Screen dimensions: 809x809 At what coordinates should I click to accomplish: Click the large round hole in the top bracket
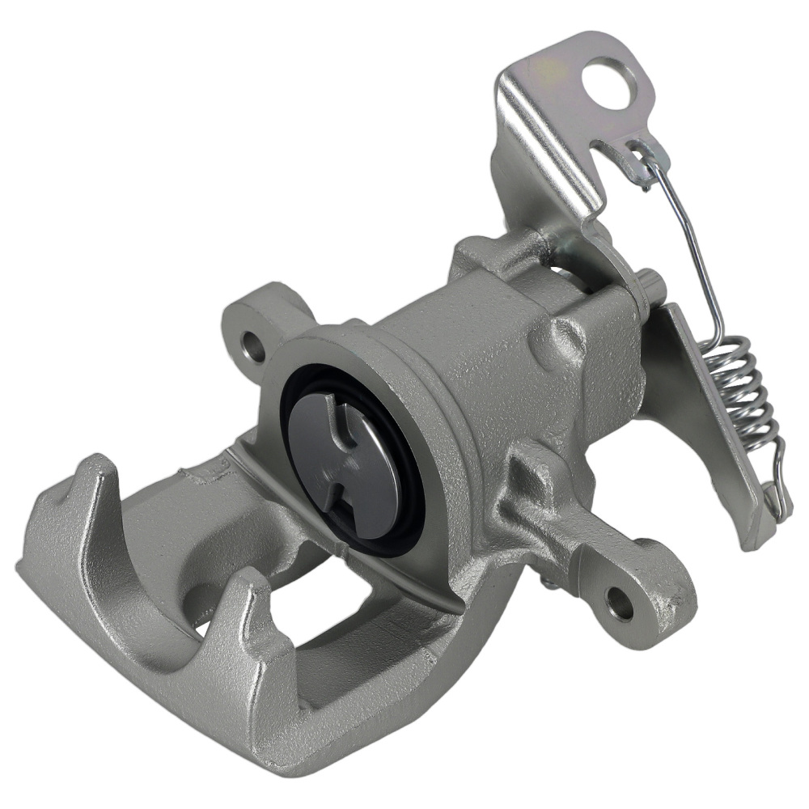(608, 83)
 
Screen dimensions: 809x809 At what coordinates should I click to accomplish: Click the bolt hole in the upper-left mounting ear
(256, 349)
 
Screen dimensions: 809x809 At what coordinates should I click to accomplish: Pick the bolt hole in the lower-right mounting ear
(621, 604)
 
